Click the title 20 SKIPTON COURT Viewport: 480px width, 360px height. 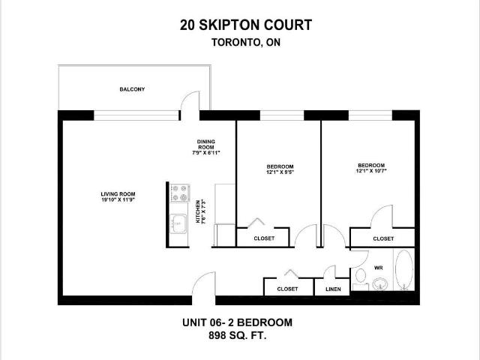245,25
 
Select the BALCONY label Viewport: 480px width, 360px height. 132,89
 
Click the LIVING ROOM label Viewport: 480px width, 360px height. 118,195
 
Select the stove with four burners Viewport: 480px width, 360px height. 180,193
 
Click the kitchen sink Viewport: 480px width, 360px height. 178,223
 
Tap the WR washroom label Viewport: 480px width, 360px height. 378,266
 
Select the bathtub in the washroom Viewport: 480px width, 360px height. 403,271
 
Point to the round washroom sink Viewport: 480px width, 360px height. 380,284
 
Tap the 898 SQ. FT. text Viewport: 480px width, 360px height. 238,337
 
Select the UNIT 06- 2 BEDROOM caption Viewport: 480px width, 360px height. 238,322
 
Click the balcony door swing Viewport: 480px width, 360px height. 187,103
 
